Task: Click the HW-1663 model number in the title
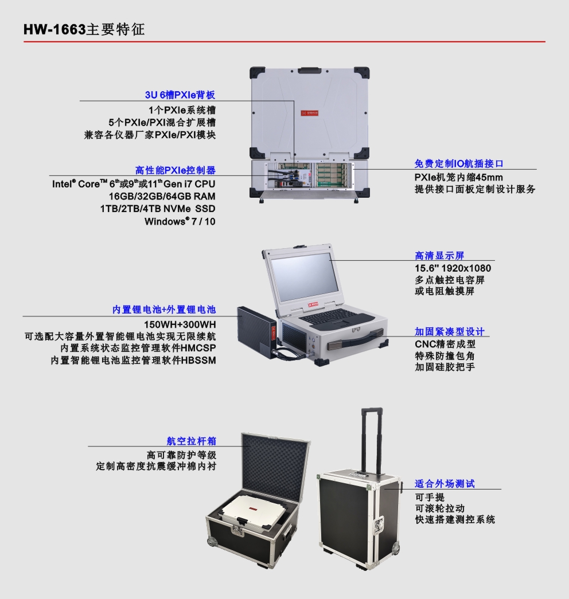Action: tap(54, 29)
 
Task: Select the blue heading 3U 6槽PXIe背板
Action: tap(180, 95)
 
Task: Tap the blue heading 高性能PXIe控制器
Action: tap(175, 170)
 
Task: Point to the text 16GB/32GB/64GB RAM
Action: tap(162, 197)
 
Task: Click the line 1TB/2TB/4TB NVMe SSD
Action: tap(158, 209)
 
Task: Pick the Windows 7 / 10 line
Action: tap(180, 222)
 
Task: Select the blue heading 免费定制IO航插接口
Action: tap(459, 163)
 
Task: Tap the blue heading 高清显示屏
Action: tap(439, 256)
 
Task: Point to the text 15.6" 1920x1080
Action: tap(453, 268)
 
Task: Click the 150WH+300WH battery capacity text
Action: tap(180, 324)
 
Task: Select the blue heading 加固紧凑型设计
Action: tap(449, 331)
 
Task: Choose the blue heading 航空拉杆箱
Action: tap(191, 441)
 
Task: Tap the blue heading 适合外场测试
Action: tap(445, 484)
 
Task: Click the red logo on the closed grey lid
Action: tap(309, 113)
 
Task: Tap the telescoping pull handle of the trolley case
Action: tap(372, 439)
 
